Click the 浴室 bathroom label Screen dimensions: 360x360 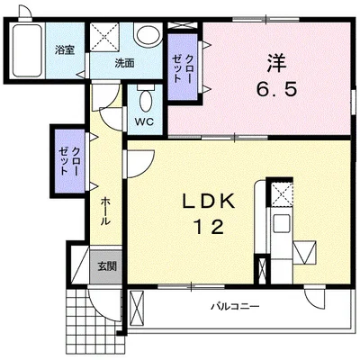[65, 50]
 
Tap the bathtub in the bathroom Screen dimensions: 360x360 [27, 50]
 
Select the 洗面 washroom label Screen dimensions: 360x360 [124, 63]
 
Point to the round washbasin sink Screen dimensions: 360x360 [148, 35]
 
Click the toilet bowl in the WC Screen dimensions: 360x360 [146, 100]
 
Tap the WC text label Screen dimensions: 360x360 [144, 121]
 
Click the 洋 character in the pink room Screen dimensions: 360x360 [276, 63]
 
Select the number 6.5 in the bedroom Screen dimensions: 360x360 [276, 89]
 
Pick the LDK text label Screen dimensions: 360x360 [209, 202]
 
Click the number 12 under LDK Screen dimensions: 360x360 [210, 227]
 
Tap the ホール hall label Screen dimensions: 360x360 [104, 211]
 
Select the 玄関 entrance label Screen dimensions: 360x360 [107, 266]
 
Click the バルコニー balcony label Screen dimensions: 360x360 [235, 307]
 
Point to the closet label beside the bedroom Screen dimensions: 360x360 [183, 67]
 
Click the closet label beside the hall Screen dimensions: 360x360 [70, 161]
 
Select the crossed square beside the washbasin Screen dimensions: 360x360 [104, 37]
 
